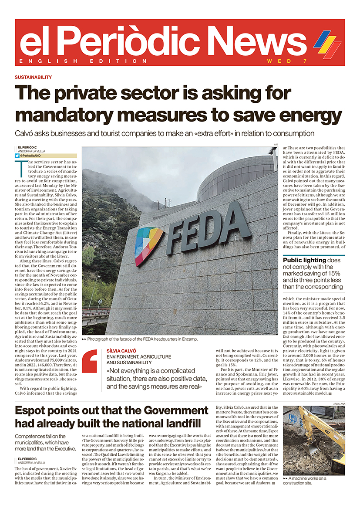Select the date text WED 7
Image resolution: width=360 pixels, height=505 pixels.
point(283,61)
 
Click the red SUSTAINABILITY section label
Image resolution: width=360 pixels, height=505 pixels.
point(33,77)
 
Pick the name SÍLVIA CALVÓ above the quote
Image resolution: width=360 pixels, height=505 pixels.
point(122,351)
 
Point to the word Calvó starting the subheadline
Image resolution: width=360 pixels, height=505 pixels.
point(26,133)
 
